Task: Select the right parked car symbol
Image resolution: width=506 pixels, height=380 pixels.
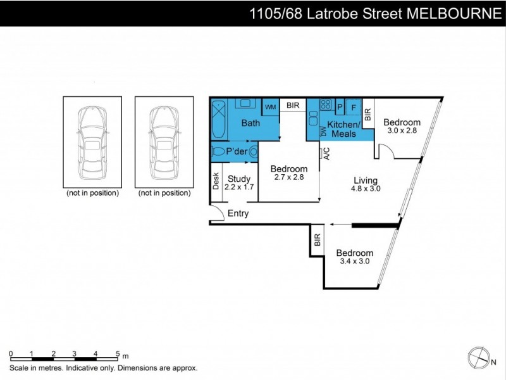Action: click(x=164, y=142)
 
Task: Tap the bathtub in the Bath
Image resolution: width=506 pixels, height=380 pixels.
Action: click(x=218, y=120)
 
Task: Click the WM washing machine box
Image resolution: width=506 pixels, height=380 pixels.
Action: click(x=270, y=107)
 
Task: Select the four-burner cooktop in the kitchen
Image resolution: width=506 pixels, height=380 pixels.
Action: click(x=326, y=105)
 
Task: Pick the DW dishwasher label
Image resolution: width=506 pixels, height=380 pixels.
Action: click(x=323, y=132)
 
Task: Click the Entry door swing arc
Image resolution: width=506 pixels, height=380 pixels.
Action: click(x=218, y=213)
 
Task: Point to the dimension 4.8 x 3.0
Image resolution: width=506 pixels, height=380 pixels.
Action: click(x=366, y=188)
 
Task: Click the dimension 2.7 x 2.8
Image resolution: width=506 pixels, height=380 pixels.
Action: click(x=288, y=178)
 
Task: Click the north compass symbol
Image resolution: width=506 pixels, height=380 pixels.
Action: click(x=479, y=357)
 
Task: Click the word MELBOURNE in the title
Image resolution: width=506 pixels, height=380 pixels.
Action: click(x=453, y=13)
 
